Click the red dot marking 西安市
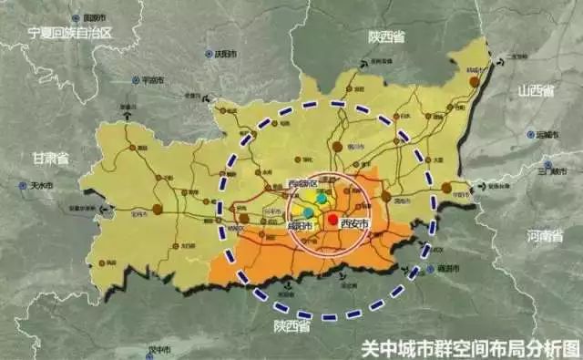click(x=333, y=220)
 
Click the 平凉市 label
click(x=153, y=81)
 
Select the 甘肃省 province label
click(x=51, y=158)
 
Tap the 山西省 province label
click(x=537, y=90)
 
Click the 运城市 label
click(x=547, y=133)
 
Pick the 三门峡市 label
click(x=553, y=170)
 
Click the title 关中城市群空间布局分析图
click(x=470, y=347)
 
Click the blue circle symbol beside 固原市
click(x=77, y=17)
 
